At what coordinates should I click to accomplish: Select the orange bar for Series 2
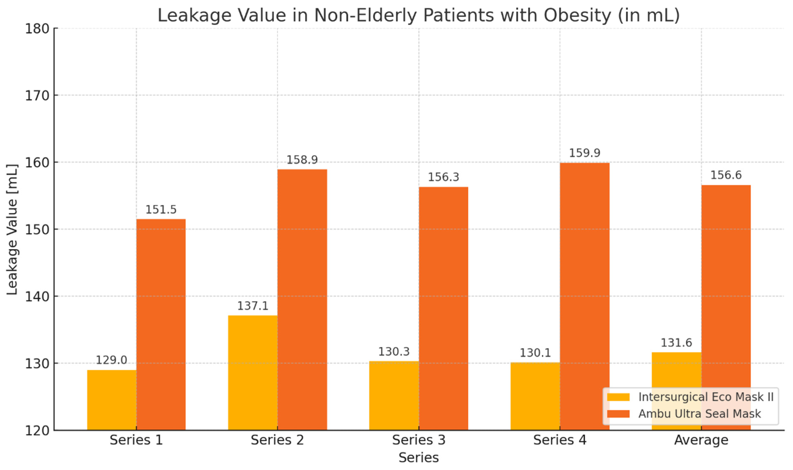[x=302, y=299]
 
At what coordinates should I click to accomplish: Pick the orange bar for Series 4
[x=585, y=296]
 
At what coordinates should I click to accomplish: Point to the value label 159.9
[x=585, y=153]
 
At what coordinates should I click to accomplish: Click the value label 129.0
[x=111, y=360]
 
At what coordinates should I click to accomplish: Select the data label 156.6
[x=726, y=175]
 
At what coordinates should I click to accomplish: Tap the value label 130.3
[x=394, y=352]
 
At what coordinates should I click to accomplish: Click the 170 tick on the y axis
[x=37, y=96]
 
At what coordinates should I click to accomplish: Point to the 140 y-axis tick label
[x=37, y=297]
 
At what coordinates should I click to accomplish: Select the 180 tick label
[x=37, y=29]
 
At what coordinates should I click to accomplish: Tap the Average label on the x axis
[x=701, y=440]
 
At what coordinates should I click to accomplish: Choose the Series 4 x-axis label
[x=560, y=440]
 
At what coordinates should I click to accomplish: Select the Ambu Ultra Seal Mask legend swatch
[x=618, y=414]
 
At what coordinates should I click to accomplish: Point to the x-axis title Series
[x=418, y=458]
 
